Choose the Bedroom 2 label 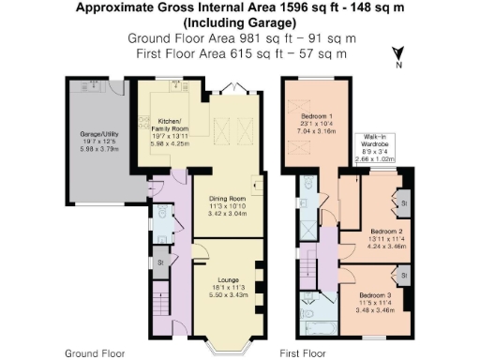[386, 231]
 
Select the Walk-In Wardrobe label [374, 140]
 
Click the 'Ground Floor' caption [91, 353]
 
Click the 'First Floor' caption [303, 353]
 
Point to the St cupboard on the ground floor [160, 262]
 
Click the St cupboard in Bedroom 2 [402, 202]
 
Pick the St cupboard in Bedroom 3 [402, 276]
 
